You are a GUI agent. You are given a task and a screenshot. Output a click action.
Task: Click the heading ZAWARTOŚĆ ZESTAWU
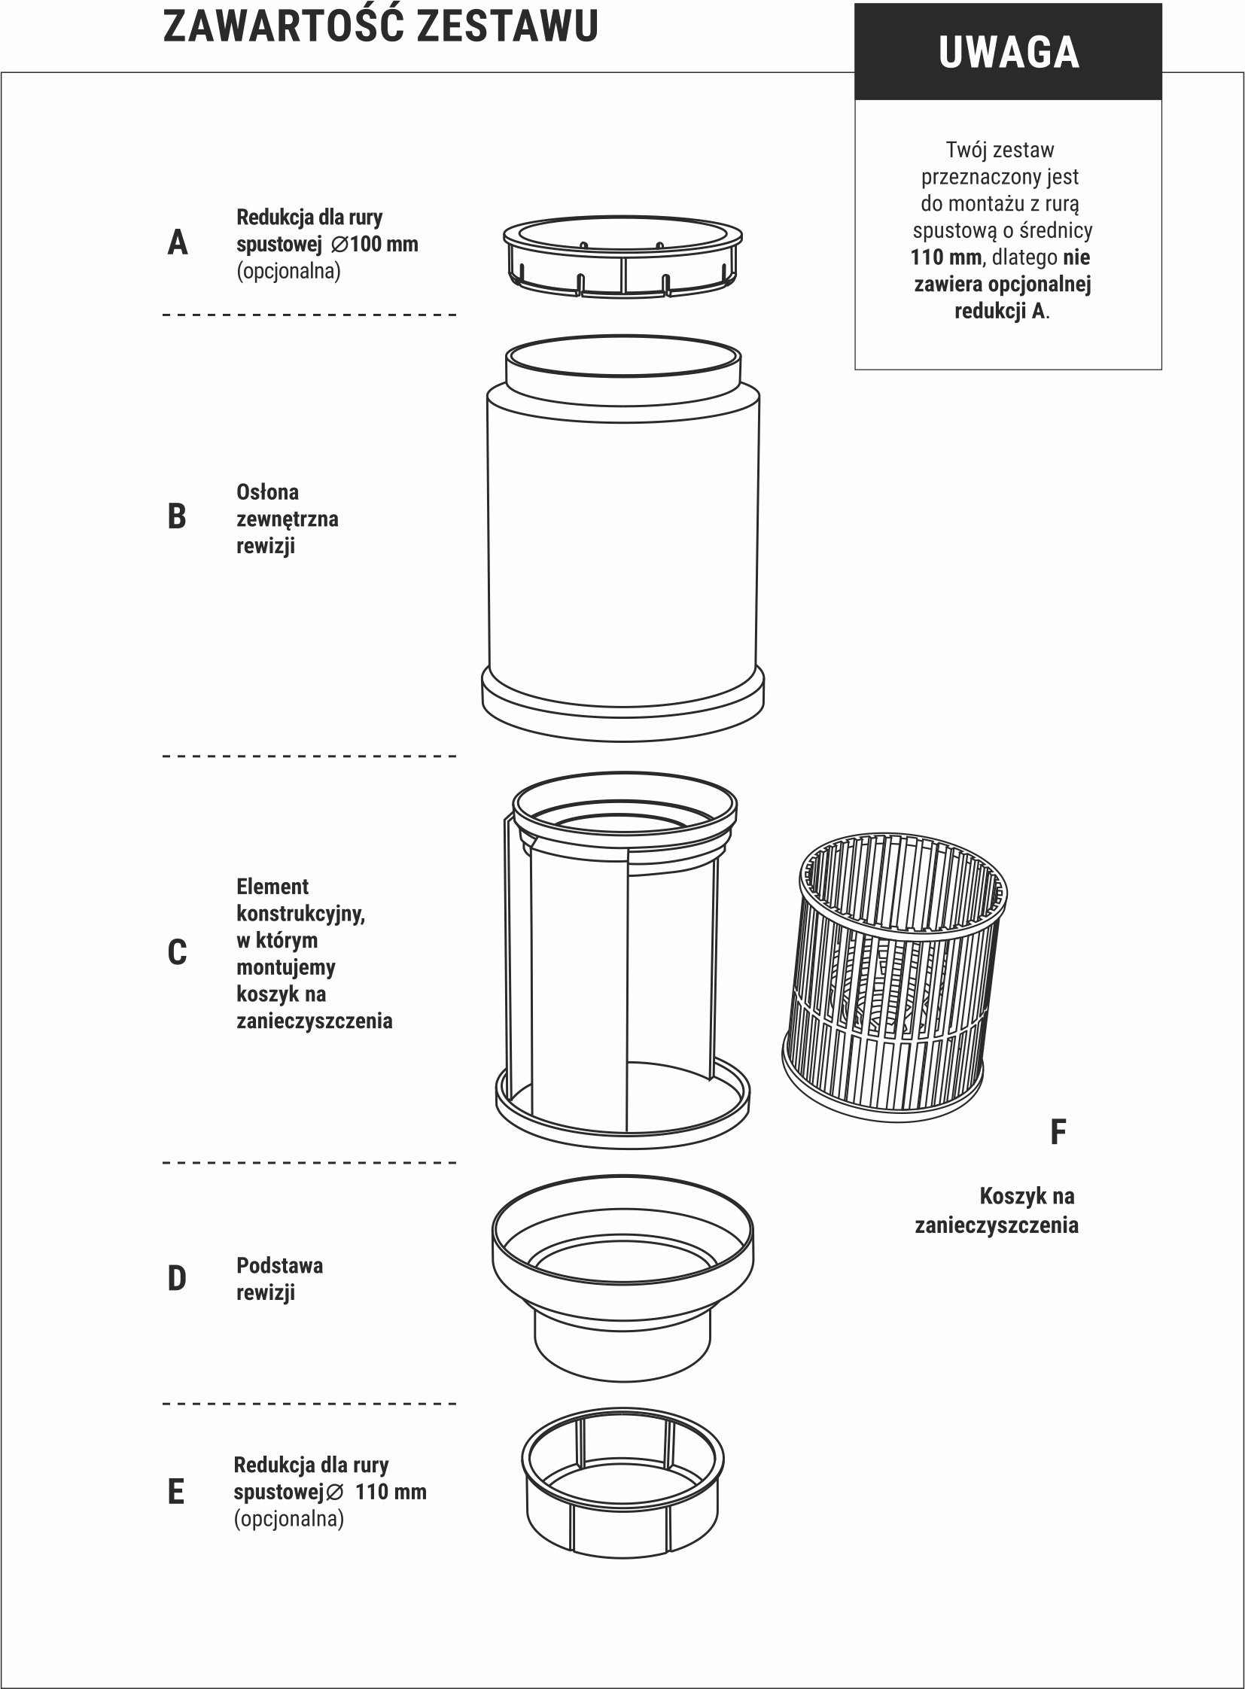pos(381,26)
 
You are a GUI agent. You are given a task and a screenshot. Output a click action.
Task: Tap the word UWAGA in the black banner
pos(1009,53)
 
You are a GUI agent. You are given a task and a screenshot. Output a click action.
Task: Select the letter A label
pos(177,242)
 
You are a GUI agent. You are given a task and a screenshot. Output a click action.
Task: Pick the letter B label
pos(176,517)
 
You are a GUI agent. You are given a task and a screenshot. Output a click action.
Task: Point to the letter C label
pos(176,953)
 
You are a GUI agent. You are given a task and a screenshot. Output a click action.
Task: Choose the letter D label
pos(176,1279)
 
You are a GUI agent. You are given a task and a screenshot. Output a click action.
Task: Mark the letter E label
pos(175,1492)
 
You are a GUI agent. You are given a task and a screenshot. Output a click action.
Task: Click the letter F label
pos(1058,1132)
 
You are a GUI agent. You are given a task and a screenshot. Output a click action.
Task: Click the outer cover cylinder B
pos(622,537)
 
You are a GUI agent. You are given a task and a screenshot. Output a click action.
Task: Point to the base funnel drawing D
pos(623,1277)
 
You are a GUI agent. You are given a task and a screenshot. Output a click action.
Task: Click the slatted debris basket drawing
pos(895,978)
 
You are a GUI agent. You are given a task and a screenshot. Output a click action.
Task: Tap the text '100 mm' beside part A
pos(384,244)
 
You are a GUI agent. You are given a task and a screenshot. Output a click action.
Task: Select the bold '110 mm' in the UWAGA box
pos(946,257)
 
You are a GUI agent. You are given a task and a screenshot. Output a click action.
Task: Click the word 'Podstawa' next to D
pos(279,1266)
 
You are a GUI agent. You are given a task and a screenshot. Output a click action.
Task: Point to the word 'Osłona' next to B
pos(267,492)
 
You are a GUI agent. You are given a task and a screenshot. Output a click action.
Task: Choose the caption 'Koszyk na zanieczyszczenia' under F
pos(997,1210)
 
